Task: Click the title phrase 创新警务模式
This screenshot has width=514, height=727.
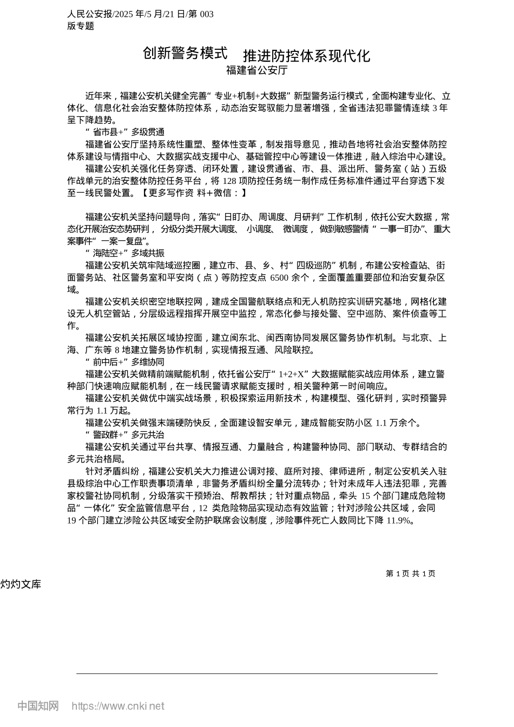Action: [185, 53]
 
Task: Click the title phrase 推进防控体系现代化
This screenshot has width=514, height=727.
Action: [306, 56]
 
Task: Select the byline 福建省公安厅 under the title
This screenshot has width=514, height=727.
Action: [256, 70]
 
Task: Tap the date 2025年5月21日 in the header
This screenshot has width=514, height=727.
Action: [149, 14]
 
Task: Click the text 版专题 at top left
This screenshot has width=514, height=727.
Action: [81, 26]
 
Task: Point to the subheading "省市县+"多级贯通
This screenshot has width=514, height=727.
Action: [125, 132]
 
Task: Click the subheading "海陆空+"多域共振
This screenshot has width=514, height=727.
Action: [125, 253]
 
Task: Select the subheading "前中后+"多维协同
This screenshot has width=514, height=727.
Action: [125, 362]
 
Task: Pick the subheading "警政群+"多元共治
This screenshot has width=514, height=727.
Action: [125, 435]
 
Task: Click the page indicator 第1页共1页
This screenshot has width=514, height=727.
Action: [410, 573]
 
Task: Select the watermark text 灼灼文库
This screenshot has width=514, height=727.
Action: [21, 584]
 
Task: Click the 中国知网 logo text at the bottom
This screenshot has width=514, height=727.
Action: [38, 706]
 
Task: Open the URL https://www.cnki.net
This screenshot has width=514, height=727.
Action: [118, 706]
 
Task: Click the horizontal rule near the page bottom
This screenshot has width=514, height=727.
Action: [256, 673]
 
